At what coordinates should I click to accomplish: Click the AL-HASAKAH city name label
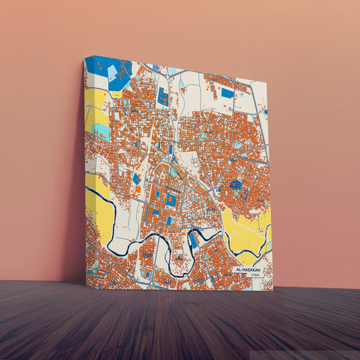click(249, 269)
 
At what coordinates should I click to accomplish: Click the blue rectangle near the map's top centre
click(163, 96)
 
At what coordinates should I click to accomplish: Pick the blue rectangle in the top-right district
click(228, 93)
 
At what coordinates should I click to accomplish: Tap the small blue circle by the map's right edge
click(265, 111)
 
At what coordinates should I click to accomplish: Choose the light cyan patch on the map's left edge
click(100, 130)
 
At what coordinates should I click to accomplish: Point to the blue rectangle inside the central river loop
click(193, 238)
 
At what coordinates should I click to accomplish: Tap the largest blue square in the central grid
click(171, 200)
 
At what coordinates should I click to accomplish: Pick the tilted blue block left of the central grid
click(136, 178)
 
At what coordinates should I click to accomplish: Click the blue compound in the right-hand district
click(236, 184)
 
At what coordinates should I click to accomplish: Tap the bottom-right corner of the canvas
click(273, 290)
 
